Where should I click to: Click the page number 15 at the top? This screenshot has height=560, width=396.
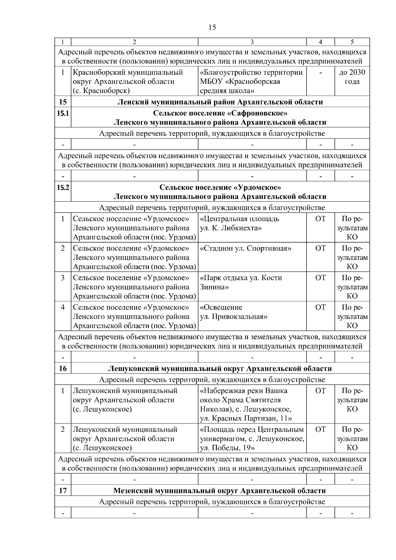[x=212, y=27]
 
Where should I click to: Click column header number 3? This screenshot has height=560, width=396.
[x=252, y=42]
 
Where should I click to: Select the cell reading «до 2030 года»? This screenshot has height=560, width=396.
[x=352, y=77]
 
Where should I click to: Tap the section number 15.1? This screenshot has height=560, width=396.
[x=63, y=113]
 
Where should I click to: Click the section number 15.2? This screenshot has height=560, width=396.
[x=63, y=187]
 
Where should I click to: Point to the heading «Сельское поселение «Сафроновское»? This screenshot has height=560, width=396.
[x=220, y=113]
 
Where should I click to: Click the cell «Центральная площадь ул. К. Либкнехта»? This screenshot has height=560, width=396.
[x=240, y=223]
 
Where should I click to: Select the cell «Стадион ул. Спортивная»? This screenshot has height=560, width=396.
[x=246, y=248]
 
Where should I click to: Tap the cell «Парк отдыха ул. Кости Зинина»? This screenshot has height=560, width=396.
[x=241, y=282]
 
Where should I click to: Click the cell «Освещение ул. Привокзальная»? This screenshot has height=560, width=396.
[x=234, y=312]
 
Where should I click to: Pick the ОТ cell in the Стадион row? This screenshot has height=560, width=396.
[x=320, y=248]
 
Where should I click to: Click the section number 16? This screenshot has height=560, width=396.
[x=63, y=368]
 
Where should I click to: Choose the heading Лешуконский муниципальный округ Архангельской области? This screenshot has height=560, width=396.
[x=220, y=368]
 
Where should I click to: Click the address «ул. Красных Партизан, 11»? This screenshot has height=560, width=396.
[x=246, y=418]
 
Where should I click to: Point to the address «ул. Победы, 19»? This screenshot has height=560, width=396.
[x=228, y=448]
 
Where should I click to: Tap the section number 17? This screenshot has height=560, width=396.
[x=63, y=490]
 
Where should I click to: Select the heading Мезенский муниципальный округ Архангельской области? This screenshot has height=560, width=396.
[x=220, y=490]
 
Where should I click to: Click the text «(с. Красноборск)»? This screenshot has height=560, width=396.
[x=101, y=90]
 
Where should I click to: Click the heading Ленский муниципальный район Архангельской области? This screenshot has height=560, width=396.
[x=220, y=102]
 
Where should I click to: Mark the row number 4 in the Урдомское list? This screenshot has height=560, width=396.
[x=63, y=307]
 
